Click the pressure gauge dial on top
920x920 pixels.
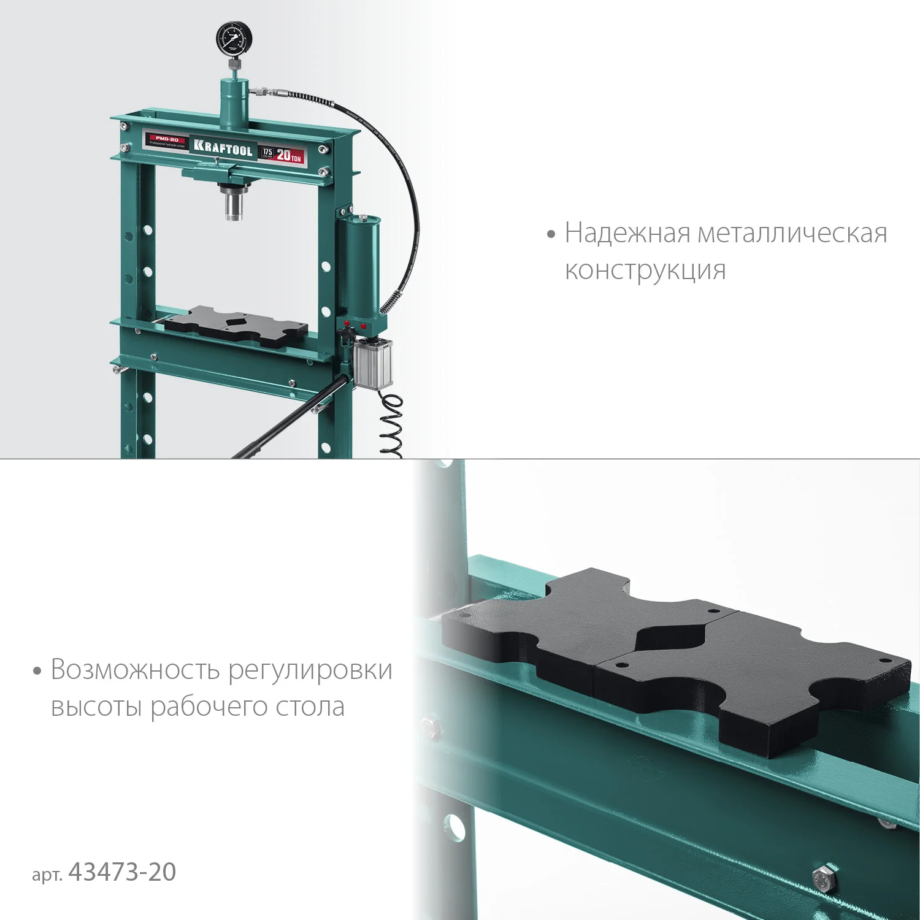(x=234, y=40)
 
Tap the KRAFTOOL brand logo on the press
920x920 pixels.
(x=223, y=148)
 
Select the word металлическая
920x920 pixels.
(x=792, y=234)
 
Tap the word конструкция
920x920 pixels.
(x=645, y=270)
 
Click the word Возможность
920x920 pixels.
(x=135, y=670)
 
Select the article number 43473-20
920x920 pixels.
(x=123, y=872)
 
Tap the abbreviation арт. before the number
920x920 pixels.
(x=47, y=874)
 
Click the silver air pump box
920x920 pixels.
(x=372, y=363)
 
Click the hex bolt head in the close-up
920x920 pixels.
(x=824, y=878)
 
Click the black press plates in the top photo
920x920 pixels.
(x=236, y=325)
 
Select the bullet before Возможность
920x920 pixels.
(x=37, y=671)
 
